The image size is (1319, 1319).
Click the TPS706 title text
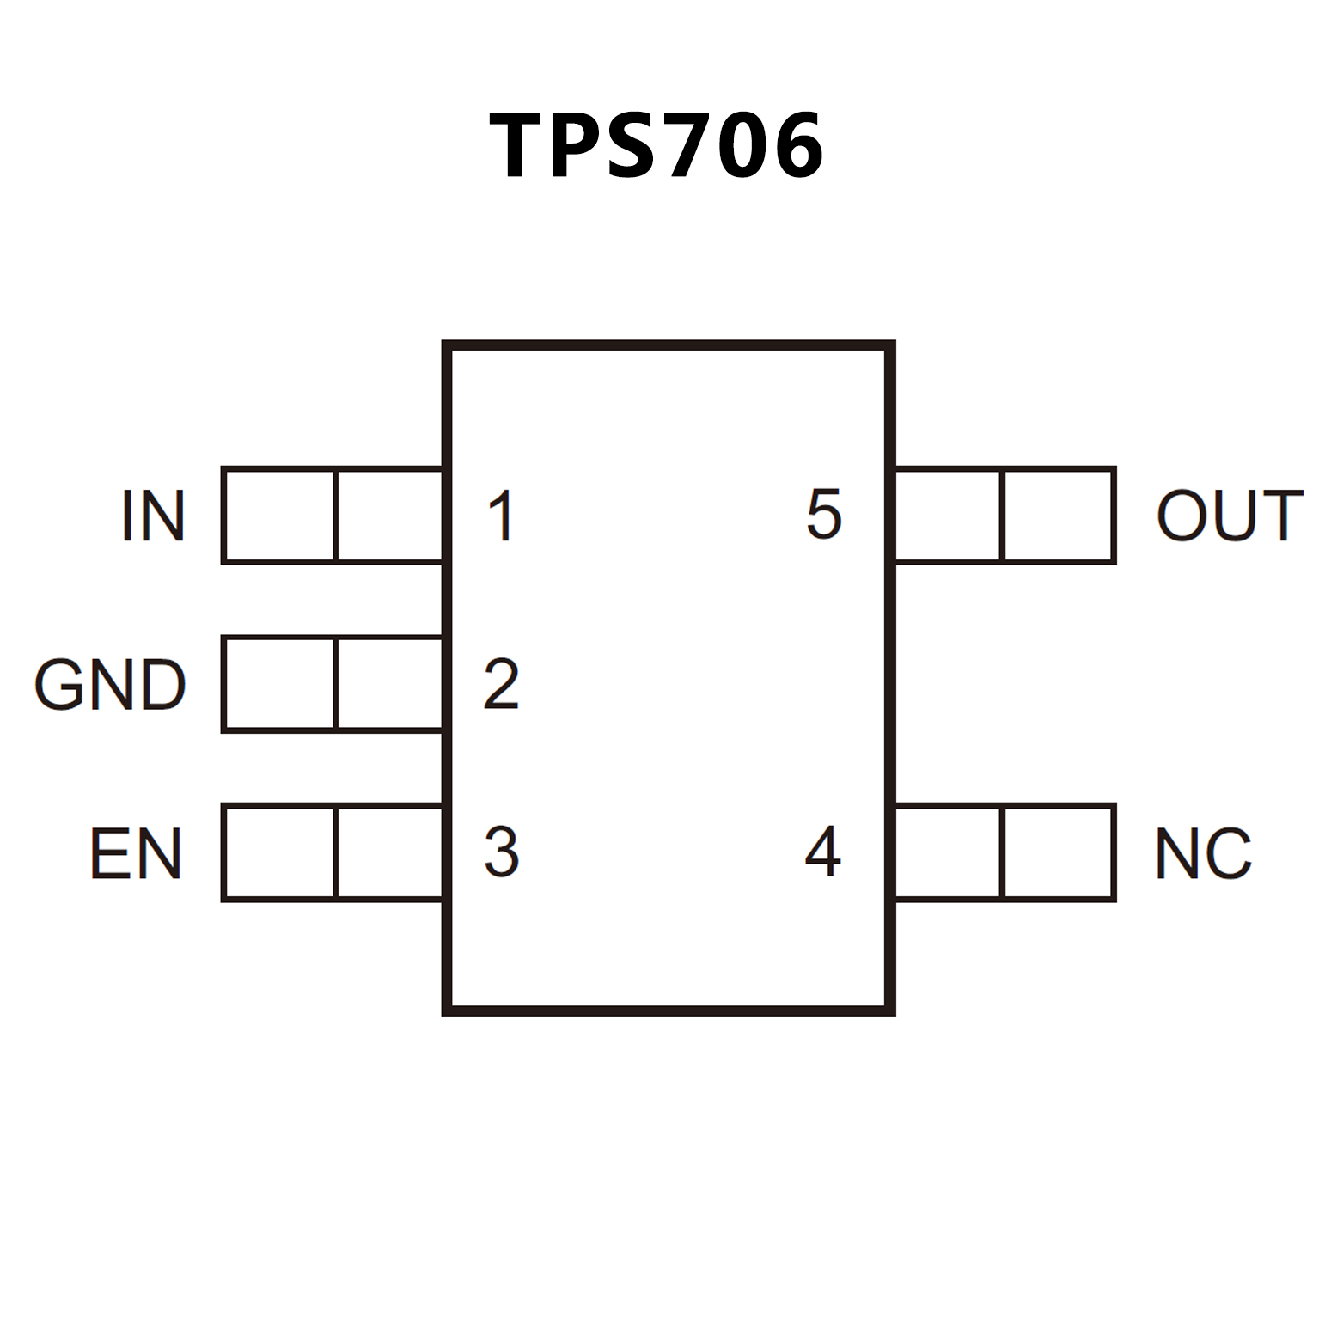point(657,145)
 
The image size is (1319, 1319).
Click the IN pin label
point(153,516)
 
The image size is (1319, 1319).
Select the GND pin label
point(110,685)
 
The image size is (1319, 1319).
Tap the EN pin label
point(136,853)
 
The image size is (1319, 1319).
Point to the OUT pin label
point(1230,516)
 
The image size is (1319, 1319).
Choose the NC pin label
point(1203,853)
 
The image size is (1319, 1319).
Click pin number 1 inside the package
point(501,516)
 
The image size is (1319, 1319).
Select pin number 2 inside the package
point(501,685)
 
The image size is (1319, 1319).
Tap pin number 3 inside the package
point(501,852)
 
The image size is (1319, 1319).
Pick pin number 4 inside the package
point(822,852)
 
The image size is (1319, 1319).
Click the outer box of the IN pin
point(278,516)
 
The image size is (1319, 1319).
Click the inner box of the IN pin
point(389,516)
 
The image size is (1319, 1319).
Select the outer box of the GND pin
point(278,685)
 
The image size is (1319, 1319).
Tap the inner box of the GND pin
point(389,685)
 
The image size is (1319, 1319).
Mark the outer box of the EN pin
point(278,852)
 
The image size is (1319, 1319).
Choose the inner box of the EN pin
point(389,852)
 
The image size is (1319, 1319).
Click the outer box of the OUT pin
point(1059,516)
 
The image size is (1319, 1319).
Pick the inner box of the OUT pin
point(948,516)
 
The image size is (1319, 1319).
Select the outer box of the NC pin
point(1059,852)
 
